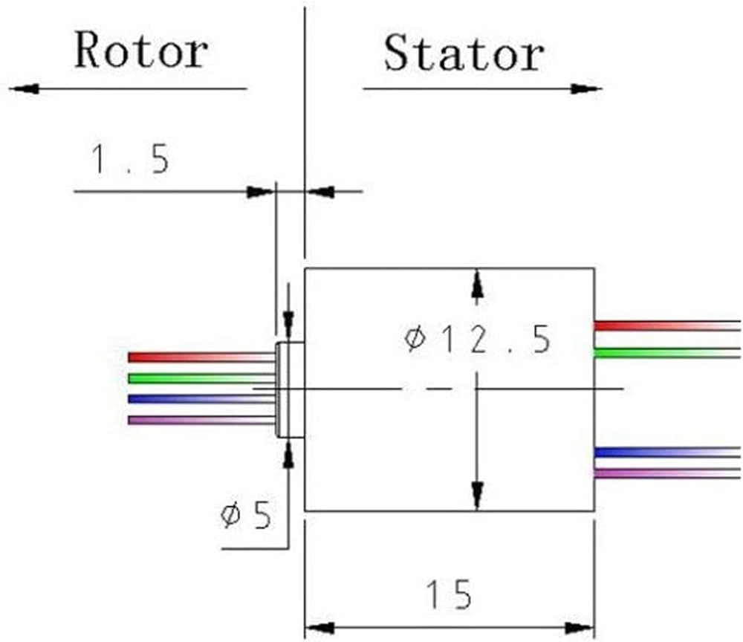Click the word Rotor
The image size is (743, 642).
tap(141, 51)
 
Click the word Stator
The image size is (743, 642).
tap(464, 53)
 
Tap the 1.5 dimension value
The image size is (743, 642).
tap(130, 159)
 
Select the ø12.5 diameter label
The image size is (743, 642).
tap(478, 340)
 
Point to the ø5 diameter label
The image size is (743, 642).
tap(246, 515)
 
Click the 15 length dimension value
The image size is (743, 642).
tap(449, 594)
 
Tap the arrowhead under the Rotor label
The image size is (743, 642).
tap(24, 88)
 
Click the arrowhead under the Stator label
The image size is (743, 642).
tap(586, 88)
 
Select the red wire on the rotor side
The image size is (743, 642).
tap(201, 357)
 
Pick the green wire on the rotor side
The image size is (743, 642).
tap(201, 378)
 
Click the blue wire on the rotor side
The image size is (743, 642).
tap(201, 399)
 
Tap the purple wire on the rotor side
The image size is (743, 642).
tap(201, 421)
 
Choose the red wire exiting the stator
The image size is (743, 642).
tap(667, 326)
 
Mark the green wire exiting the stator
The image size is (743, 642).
tap(667, 353)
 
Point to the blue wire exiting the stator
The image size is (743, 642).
tap(667, 452)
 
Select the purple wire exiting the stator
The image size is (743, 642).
tap(667, 473)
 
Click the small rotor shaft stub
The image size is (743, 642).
tap(290, 390)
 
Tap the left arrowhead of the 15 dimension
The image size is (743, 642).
tap(319, 629)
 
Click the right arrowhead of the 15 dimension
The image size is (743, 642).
tap(580, 629)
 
